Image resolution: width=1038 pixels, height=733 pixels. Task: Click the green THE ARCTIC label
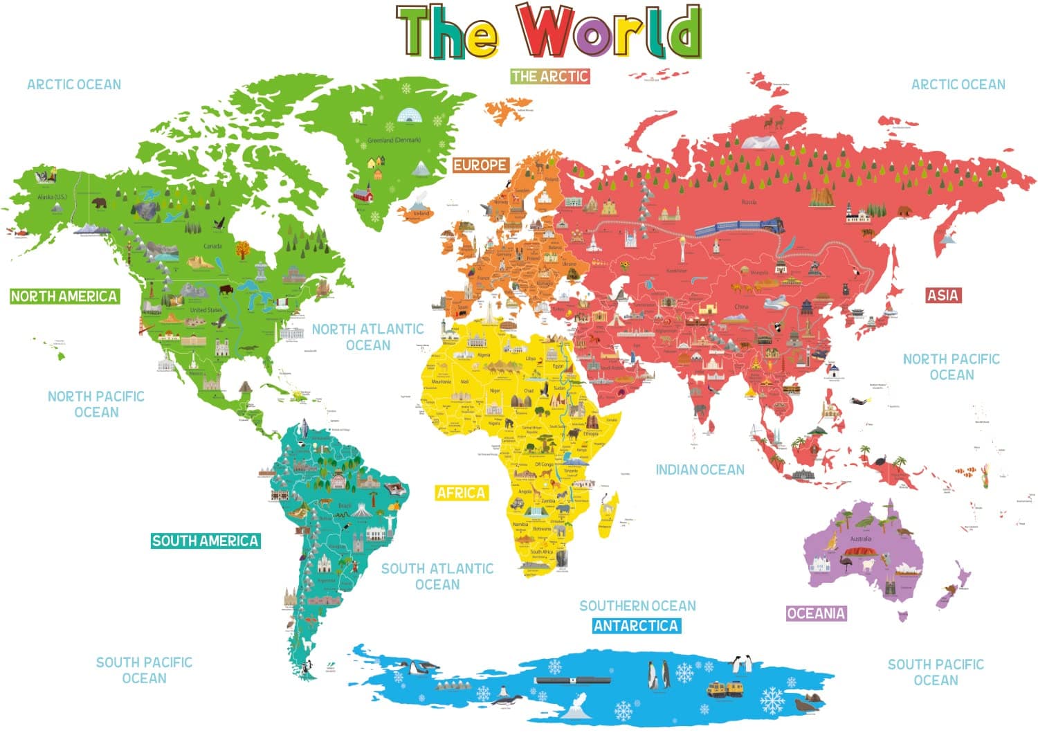[549, 76]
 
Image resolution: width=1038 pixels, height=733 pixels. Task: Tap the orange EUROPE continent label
[480, 165]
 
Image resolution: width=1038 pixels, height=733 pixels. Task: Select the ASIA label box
[943, 296]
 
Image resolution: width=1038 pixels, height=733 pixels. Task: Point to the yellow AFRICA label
[461, 493]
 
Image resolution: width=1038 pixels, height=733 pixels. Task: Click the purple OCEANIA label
[816, 613]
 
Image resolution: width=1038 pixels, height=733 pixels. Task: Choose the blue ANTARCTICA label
[636, 626]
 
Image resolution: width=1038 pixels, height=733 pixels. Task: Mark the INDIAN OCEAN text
[700, 470]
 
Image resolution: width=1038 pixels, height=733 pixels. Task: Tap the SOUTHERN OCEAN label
[637, 606]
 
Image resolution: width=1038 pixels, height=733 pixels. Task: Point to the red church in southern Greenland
[362, 193]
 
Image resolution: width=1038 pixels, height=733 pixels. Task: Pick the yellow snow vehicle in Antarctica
[725, 688]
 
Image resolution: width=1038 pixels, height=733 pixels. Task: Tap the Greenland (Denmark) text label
[394, 141]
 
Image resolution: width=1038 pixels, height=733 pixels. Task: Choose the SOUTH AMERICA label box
[206, 541]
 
